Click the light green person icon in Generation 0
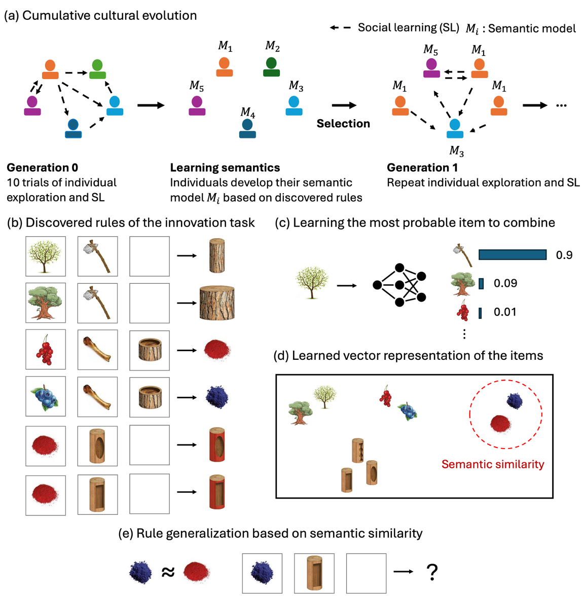[x=97, y=69]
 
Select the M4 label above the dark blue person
[x=248, y=111]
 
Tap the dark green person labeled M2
[x=272, y=67]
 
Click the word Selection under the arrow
[x=343, y=124]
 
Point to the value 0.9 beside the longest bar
[x=564, y=255]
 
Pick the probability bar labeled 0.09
[x=481, y=283]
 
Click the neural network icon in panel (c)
[x=399, y=285]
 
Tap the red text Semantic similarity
[x=492, y=464]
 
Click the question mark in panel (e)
[x=431, y=572]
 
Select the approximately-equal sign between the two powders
[x=168, y=573]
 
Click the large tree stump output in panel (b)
[x=217, y=303]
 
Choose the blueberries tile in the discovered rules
[x=46, y=397]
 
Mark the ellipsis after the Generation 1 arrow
[x=561, y=105]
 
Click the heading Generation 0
[x=42, y=168]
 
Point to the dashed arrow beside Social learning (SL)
[x=340, y=27]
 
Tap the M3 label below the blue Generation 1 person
[x=456, y=151]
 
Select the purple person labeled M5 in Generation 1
[x=431, y=68]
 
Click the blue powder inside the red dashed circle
[x=515, y=401]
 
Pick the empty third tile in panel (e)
[x=366, y=573]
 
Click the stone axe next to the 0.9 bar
[x=462, y=254]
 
